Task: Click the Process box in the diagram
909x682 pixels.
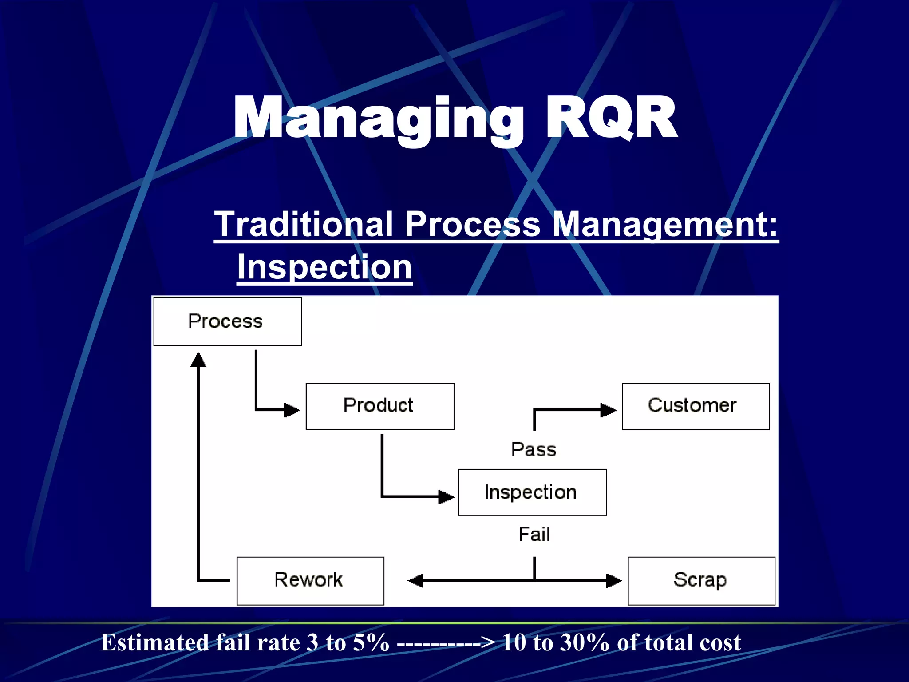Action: (x=227, y=321)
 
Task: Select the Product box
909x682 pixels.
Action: (x=380, y=406)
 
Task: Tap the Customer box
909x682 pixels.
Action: (x=696, y=406)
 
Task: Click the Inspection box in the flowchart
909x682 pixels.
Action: (x=532, y=492)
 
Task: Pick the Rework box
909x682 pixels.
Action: (x=310, y=580)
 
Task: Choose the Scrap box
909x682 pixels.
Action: (x=701, y=580)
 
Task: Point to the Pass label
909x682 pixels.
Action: (x=534, y=450)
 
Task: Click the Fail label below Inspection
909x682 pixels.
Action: (x=534, y=535)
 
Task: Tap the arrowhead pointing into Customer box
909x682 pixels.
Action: (x=608, y=410)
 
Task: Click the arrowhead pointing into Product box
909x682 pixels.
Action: (x=292, y=410)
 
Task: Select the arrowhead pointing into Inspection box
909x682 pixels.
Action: (x=446, y=496)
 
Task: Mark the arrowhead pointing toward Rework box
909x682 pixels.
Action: (x=416, y=580)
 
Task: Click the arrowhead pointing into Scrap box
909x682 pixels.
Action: (x=614, y=580)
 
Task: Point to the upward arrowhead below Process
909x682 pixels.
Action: (x=198, y=360)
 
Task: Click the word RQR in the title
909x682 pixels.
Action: (x=611, y=118)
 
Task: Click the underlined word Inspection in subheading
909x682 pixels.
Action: (x=324, y=267)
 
